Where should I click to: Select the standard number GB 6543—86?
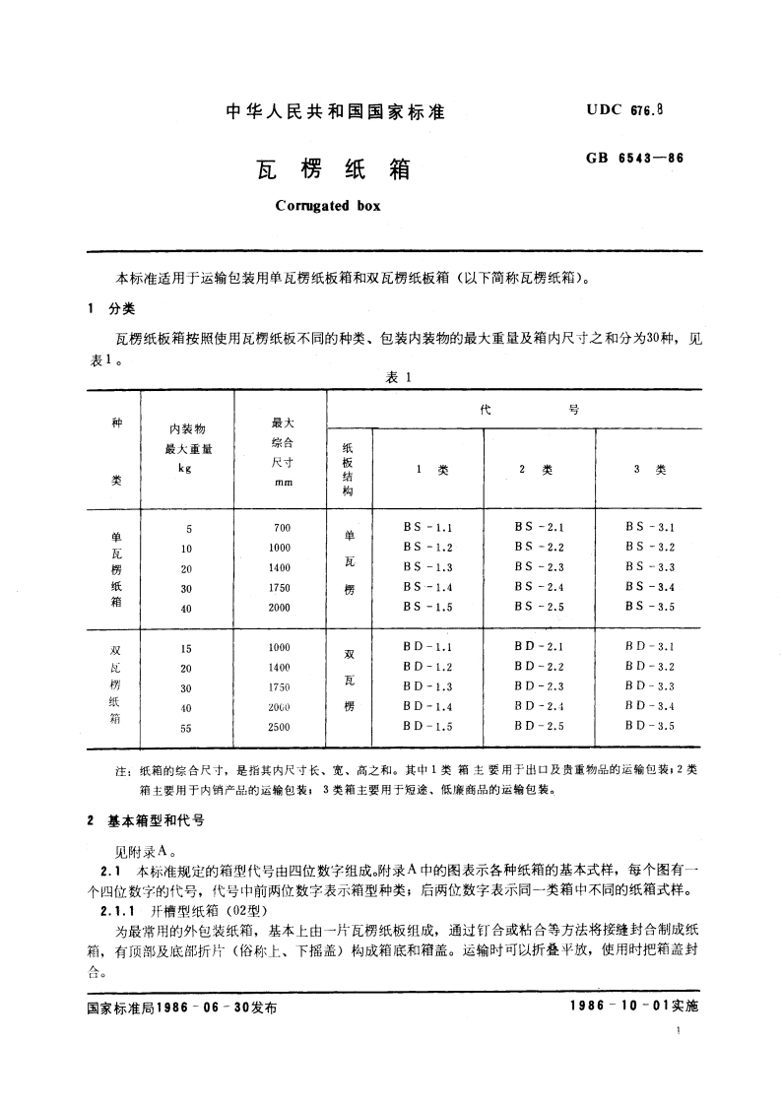pos(628,158)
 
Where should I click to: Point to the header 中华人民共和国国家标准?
pos(336,112)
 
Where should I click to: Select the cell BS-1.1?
pos(427,528)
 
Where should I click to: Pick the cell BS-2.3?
pos(539,567)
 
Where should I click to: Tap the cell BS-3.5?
pos(649,607)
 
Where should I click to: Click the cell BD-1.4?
pos(427,707)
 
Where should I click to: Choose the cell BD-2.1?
pos(539,647)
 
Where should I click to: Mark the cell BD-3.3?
pos(649,686)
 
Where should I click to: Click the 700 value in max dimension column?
pos(282,528)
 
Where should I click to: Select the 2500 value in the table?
pos(280,727)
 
